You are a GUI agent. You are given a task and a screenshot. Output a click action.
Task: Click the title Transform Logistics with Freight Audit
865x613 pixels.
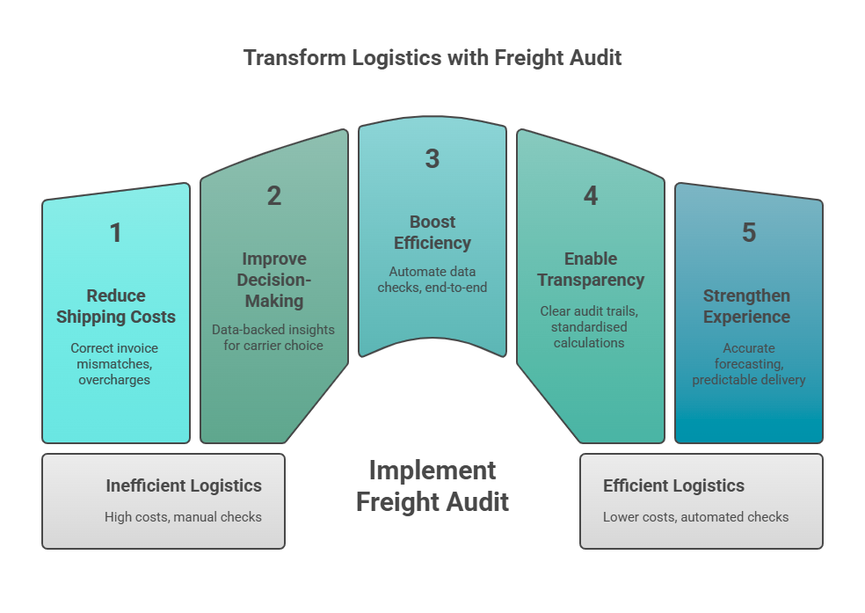pyautogui.click(x=432, y=58)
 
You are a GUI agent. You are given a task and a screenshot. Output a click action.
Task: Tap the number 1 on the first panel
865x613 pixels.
pyautogui.click(x=115, y=233)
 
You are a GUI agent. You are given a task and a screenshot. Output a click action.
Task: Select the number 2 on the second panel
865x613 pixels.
pyautogui.click(x=274, y=196)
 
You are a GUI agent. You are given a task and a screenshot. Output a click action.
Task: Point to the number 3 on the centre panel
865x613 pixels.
pyautogui.click(x=432, y=159)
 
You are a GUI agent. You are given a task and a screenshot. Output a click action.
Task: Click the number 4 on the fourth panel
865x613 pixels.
pyautogui.click(x=591, y=196)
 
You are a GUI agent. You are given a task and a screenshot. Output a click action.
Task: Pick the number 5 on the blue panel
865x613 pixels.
pyautogui.click(x=748, y=233)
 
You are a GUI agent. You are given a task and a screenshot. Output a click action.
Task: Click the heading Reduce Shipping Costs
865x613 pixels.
pyautogui.click(x=116, y=306)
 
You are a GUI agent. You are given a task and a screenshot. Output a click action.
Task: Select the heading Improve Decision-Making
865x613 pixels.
pyautogui.click(x=274, y=280)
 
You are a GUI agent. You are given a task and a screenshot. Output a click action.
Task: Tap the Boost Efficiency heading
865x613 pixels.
pyautogui.click(x=432, y=232)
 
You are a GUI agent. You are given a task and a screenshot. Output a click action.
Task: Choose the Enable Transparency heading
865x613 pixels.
pyautogui.click(x=591, y=269)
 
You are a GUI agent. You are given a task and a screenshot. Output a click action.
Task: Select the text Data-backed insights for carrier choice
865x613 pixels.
pyautogui.click(x=274, y=337)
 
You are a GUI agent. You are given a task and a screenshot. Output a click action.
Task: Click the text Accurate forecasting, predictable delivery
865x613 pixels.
pyautogui.click(x=748, y=364)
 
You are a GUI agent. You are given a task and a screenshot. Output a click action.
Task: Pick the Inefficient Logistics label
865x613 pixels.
pyautogui.click(x=184, y=485)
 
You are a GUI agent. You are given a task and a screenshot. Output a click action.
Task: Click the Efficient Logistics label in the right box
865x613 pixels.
pyautogui.click(x=673, y=485)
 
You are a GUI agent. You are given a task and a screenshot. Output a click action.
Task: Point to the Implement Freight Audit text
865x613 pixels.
pyautogui.click(x=432, y=485)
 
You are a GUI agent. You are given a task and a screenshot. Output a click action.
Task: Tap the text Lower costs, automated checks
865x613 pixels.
pyautogui.click(x=695, y=516)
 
